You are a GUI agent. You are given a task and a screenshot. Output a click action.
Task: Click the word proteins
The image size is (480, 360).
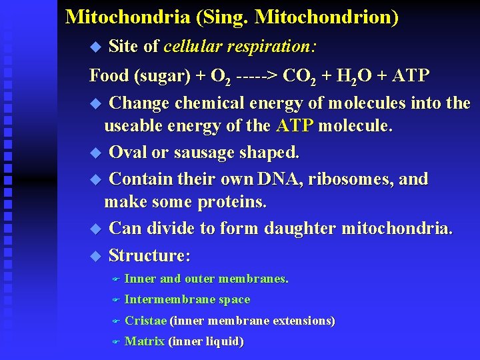click(x=231, y=202)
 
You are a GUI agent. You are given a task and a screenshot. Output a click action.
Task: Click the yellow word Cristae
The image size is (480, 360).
click(x=145, y=321)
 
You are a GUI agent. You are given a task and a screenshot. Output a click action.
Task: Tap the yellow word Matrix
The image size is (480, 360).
click(x=145, y=342)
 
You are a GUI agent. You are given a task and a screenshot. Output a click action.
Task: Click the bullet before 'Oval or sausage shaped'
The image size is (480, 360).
click(x=95, y=153)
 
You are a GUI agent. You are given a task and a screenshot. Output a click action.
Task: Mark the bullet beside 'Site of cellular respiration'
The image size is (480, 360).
click(x=95, y=47)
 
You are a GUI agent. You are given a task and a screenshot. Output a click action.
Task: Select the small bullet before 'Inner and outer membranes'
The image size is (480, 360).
click(x=115, y=279)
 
